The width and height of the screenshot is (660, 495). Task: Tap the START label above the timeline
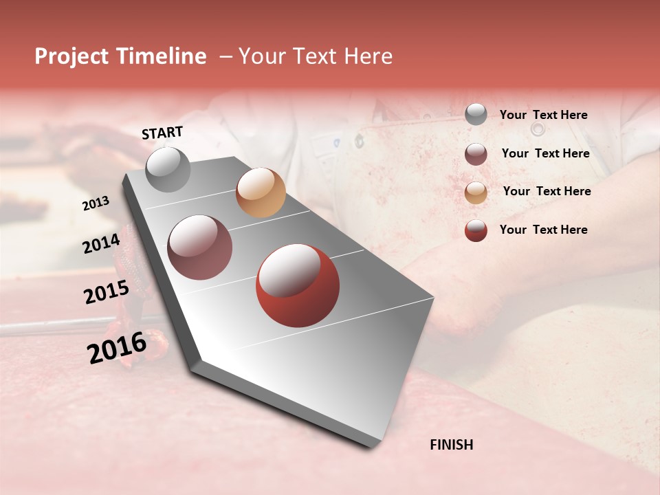tap(162, 133)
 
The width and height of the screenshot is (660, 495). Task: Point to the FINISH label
tap(451, 445)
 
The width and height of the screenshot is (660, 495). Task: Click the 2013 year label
tap(96, 203)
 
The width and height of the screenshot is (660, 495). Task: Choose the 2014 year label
tap(101, 243)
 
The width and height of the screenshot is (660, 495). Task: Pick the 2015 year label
tap(106, 293)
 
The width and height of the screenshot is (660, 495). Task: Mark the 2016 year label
tap(117, 348)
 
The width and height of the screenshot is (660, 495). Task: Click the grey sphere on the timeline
tap(168, 169)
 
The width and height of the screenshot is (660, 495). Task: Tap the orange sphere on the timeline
tap(261, 192)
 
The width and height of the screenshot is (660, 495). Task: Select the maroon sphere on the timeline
tap(199, 247)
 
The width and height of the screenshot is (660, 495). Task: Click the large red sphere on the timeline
tap(298, 285)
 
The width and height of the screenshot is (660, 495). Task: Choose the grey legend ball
tap(476, 115)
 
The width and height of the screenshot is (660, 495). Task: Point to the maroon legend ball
tap(476, 154)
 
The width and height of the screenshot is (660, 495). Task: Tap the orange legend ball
tap(476, 192)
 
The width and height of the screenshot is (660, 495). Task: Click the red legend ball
tap(476, 230)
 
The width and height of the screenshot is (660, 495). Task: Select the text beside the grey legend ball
tap(543, 115)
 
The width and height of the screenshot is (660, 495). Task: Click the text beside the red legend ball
tap(543, 230)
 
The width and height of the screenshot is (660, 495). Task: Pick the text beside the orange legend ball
tap(547, 191)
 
